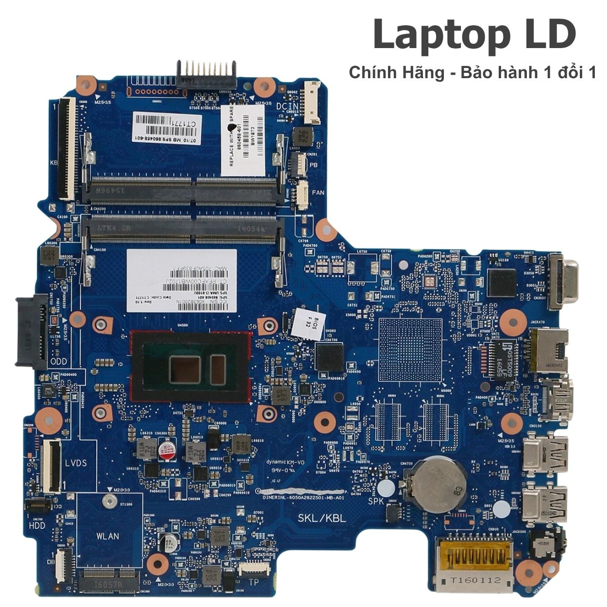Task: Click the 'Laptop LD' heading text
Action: tap(474, 35)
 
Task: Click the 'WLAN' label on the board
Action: tap(107, 536)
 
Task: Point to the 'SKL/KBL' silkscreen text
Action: tap(321, 518)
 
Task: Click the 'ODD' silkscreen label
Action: tap(59, 361)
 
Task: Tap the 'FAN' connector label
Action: tap(318, 193)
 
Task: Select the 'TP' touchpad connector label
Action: tap(253, 582)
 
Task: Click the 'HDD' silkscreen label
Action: tap(37, 525)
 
